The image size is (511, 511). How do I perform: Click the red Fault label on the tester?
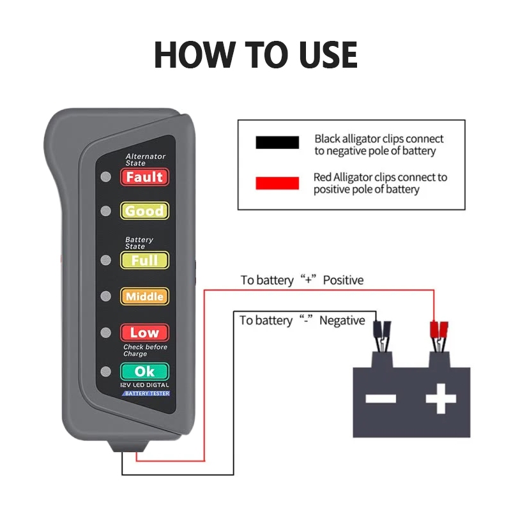(x=145, y=177)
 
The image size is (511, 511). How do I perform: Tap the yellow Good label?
(x=145, y=211)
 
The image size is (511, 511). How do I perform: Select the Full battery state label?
(x=145, y=260)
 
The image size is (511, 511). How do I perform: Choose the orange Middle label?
(x=145, y=296)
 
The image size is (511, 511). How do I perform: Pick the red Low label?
(x=145, y=332)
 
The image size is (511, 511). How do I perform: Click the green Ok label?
(x=145, y=372)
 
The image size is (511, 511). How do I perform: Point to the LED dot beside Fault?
(x=105, y=177)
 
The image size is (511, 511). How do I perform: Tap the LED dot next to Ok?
(x=105, y=372)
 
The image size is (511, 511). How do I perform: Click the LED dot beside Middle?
(x=105, y=296)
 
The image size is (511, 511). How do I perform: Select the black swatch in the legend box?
(x=277, y=142)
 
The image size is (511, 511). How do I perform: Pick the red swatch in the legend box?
(x=277, y=183)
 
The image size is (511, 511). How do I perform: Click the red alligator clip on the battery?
(x=439, y=337)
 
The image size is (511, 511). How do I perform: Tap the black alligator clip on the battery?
(x=382, y=337)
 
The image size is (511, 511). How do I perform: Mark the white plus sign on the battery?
(x=441, y=399)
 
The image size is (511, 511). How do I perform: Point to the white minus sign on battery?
(x=381, y=399)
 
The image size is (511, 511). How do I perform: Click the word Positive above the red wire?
(x=343, y=280)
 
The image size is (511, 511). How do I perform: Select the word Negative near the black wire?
(x=342, y=321)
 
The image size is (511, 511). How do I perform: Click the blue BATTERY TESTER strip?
(x=146, y=393)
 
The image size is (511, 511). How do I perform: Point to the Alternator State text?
(x=146, y=160)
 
